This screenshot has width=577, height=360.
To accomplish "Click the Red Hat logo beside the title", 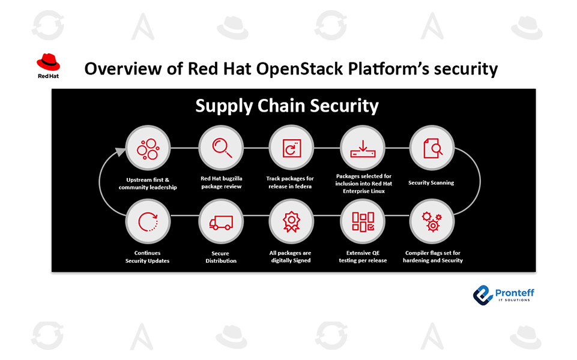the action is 48,66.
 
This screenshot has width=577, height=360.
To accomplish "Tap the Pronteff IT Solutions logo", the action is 503,295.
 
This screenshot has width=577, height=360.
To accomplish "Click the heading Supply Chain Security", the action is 287,106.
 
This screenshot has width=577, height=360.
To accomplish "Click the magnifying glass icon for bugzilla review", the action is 222,148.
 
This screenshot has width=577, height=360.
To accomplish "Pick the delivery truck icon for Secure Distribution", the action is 221,223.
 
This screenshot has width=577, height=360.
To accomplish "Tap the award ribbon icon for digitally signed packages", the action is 291,222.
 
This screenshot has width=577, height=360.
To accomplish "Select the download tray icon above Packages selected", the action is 363,149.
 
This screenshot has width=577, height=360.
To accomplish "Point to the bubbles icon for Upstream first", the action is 148,149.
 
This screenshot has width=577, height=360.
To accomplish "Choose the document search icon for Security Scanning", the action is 433,148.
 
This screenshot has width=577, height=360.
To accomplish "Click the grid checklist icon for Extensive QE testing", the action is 363,222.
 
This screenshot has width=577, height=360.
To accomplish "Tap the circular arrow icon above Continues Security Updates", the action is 148,222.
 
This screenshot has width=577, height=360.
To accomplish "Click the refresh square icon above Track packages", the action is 292,148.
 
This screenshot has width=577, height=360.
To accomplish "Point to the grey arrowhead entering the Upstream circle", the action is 120,151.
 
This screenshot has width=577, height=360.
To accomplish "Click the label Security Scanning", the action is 431,183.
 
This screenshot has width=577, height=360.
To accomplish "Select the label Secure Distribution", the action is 221,257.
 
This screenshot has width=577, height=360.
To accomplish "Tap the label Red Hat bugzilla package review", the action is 221,182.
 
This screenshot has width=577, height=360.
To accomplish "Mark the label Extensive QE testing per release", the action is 363,257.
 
